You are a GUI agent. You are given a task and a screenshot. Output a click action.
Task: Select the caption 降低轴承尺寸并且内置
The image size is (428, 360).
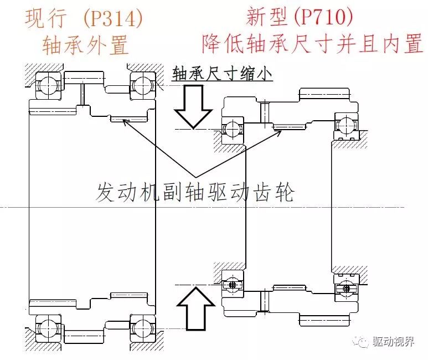click(312, 44)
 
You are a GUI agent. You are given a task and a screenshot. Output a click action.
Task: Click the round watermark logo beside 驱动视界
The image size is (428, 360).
click(363, 342)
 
